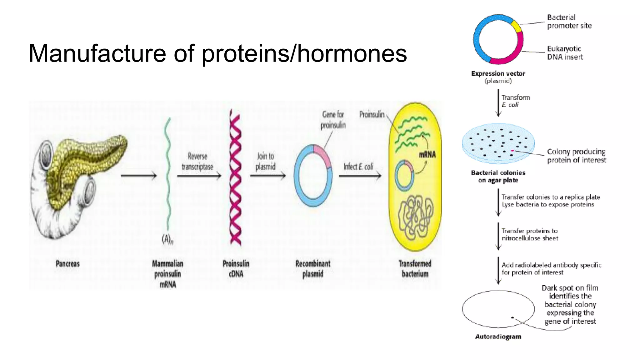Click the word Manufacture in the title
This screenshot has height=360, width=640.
click(x=97, y=53)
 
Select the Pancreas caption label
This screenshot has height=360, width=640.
click(x=67, y=264)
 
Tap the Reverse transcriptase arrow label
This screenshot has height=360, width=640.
click(x=197, y=161)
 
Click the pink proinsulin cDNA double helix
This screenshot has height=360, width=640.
click(x=235, y=177)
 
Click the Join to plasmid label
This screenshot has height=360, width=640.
click(x=266, y=161)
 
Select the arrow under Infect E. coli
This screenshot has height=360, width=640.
click(x=360, y=176)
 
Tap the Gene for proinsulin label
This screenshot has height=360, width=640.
click(x=333, y=120)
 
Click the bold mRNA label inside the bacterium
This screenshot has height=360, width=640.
click(x=427, y=155)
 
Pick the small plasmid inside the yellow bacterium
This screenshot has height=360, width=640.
click(x=404, y=176)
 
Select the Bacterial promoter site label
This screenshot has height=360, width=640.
click(x=569, y=22)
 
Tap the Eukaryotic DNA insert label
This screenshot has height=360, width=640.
click(x=565, y=53)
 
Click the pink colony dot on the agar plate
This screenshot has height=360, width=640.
click(x=512, y=151)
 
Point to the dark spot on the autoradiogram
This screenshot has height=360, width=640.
click(x=512, y=317)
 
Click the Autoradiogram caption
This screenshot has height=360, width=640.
click(x=498, y=337)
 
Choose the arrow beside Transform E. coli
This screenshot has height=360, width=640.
click(x=498, y=102)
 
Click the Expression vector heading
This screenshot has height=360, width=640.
click(x=498, y=74)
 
